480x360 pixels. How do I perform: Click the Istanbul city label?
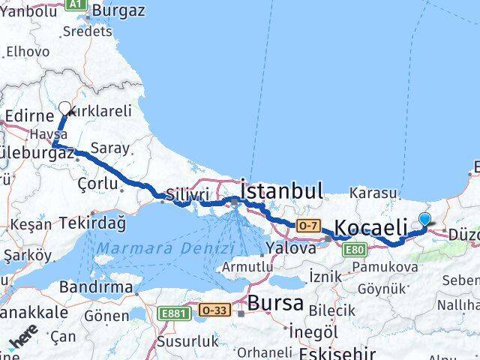pos(282,190)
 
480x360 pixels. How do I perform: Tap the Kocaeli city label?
pos(371,227)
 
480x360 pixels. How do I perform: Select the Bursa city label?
pos(277,304)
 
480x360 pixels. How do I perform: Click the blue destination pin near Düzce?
pos(425,220)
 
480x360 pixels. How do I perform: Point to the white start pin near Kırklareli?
pos(64,109)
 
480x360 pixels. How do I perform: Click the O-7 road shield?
pos(307,224)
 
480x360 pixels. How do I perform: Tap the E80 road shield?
pos(355,249)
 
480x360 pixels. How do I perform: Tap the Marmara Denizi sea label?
pos(165,247)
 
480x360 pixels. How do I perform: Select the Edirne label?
pos(29,116)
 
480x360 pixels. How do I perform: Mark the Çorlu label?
pos(97,183)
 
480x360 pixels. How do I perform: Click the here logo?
pos(22,341)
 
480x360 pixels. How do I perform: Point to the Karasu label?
pos(371,193)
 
